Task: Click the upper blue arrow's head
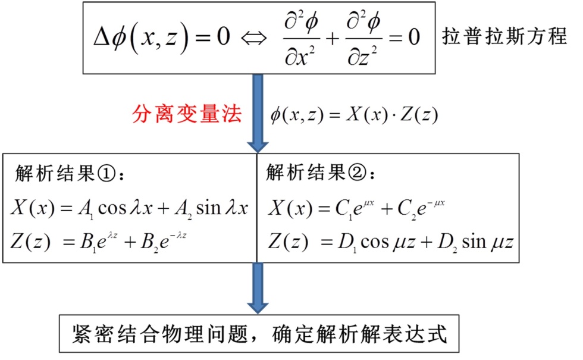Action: pyautogui.click(x=258, y=143)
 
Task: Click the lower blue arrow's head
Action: pyautogui.click(x=258, y=303)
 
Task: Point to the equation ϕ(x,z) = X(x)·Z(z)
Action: pyautogui.click(x=354, y=115)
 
